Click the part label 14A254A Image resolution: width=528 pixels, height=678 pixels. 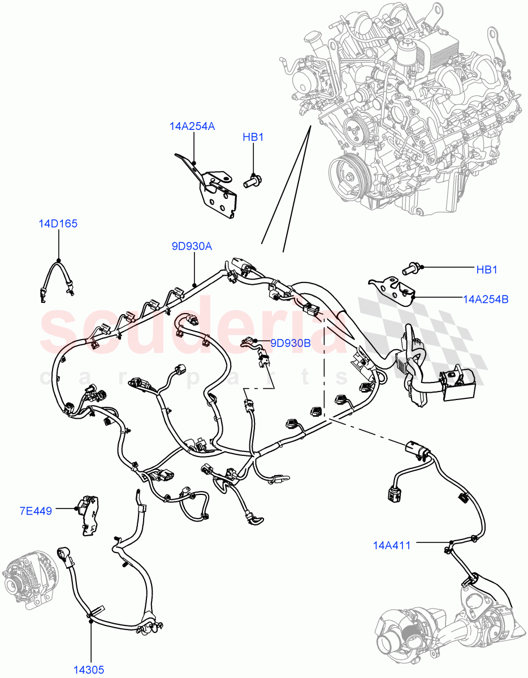click(x=192, y=127)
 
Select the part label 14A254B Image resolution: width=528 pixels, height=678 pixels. click(x=485, y=299)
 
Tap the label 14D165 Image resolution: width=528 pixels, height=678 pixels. click(x=58, y=224)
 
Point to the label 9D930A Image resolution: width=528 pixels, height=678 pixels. click(x=193, y=246)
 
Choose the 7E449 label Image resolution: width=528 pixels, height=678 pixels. click(x=36, y=511)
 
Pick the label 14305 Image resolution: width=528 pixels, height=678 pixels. click(x=88, y=670)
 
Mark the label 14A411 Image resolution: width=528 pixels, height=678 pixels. click(x=392, y=545)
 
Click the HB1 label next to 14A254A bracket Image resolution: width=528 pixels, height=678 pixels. click(x=253, y=137)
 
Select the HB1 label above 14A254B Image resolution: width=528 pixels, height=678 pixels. click(x=486, y=270)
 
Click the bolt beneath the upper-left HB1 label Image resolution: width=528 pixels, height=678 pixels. click(x=252, y=181)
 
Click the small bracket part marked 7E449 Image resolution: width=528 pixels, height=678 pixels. click(x=88, y=514)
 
